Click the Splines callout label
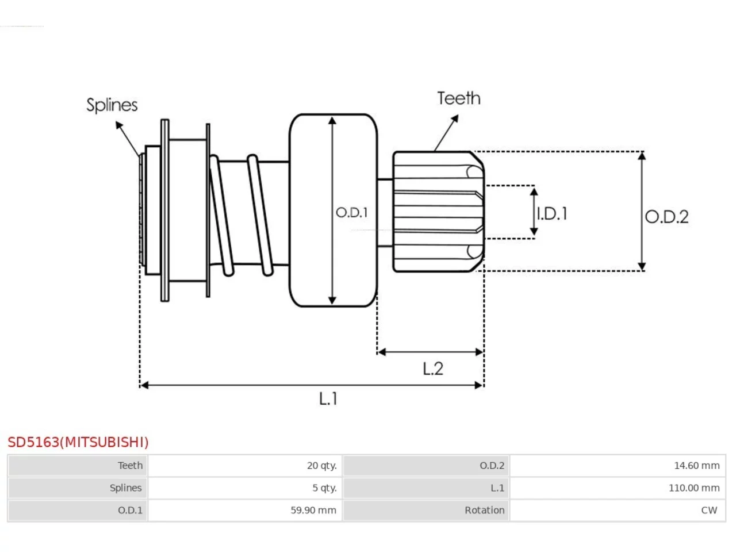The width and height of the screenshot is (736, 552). pyautogui.click(x=112, y=105)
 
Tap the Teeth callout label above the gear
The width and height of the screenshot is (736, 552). pyautogui.click(x=459, y=98)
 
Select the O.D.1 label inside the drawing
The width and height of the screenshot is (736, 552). pyautogui.click(x=352, y=213)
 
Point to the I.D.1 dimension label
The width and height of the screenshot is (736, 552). pyautogui.click(x=552, y=214)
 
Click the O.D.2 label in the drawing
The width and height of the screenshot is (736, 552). pyautogui.click(x=666, y=217)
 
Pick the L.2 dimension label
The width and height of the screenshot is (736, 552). pyautogui.click(x=433, y=369)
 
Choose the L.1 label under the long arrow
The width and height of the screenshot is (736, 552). pyautogui.click(x=328, y=399)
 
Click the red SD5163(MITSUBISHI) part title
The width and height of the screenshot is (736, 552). pyautogui.click(x=78, y=442)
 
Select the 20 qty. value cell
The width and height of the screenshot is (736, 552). pyautogui.click(x=321, y=466)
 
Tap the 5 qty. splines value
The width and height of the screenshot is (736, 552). pyautogui.click(x=324, y=488)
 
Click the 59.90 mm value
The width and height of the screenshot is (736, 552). pyautogui.click(x=313, y=510)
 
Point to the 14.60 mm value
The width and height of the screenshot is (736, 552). pyautogui.click(x=697, y=466)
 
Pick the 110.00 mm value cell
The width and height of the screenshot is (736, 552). pyautogui.click(x=694, y=488)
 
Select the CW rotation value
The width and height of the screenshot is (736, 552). pyautogui.click(x=709, y=510)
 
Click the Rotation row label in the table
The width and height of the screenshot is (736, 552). pyautogui.click(x=485, y=510)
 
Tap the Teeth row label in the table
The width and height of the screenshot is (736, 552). pyautogui.click(x=130, y=466)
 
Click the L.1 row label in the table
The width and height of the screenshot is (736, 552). pyautogui.click(x=497, y=488)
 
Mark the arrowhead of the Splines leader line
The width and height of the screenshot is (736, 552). pyautogui.click(x=118, y=125)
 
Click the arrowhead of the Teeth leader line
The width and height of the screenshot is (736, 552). pyautogui.click(x=455, y=118)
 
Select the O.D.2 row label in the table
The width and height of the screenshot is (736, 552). pyautogui.click(x=492, y=466)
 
